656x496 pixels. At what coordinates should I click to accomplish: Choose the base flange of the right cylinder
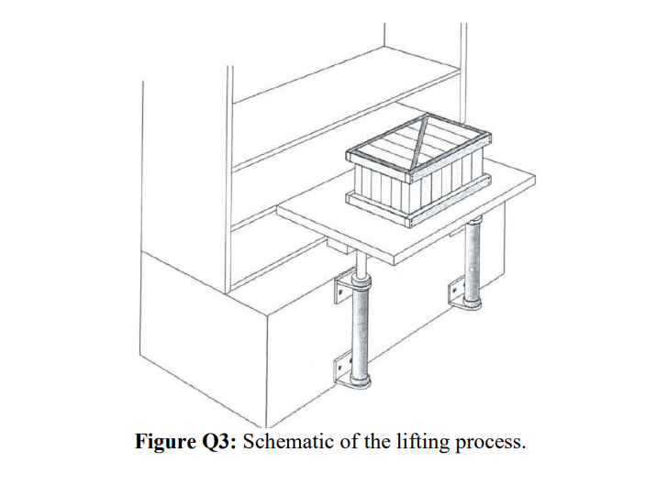[x=474, y=305]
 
